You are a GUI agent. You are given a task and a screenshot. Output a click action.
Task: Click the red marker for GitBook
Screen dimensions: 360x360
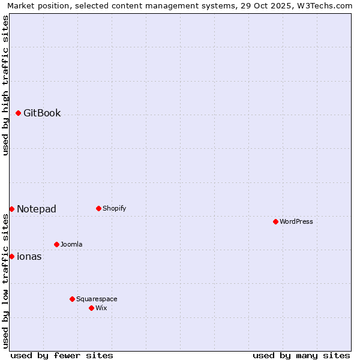point(18,113)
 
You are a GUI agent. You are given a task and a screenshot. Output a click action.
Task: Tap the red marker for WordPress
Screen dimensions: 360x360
point(275,221)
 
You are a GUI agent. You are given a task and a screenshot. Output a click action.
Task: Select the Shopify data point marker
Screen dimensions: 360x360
point(98,208)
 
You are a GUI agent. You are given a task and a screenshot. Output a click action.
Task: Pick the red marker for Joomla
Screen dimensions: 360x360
point(56,244)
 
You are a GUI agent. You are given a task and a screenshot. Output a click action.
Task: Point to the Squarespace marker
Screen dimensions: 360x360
point(72,299)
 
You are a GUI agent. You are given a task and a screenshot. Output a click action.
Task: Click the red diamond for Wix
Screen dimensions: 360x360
point(91,308)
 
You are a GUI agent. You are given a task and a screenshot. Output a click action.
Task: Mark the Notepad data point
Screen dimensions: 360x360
point(11,209)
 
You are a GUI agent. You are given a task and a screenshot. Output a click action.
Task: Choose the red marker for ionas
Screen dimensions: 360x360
point(11,256)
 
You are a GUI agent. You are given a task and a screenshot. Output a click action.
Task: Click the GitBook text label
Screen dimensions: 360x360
point(42,113)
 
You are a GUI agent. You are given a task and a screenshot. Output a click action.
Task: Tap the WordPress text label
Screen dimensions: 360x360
point(296,221)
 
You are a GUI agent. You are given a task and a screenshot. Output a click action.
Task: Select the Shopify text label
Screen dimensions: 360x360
point(114,208)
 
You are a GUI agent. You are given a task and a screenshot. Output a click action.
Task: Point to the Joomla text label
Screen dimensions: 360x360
point(71,244)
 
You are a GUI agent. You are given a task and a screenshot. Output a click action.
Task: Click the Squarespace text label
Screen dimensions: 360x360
point(97,299)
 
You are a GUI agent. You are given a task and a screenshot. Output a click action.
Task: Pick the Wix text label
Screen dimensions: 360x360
point(101,308)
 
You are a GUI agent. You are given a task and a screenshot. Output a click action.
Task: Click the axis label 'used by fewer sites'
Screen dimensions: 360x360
point(62,355)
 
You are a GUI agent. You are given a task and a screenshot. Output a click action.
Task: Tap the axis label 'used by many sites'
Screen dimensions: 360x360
point(301,355)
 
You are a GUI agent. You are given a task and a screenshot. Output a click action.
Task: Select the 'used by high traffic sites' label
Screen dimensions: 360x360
point(5,85)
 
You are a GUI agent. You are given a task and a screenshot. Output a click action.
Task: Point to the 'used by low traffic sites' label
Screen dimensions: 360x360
point(5,281)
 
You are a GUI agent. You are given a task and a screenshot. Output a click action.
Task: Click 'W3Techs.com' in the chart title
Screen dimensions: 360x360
point(326,5)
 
